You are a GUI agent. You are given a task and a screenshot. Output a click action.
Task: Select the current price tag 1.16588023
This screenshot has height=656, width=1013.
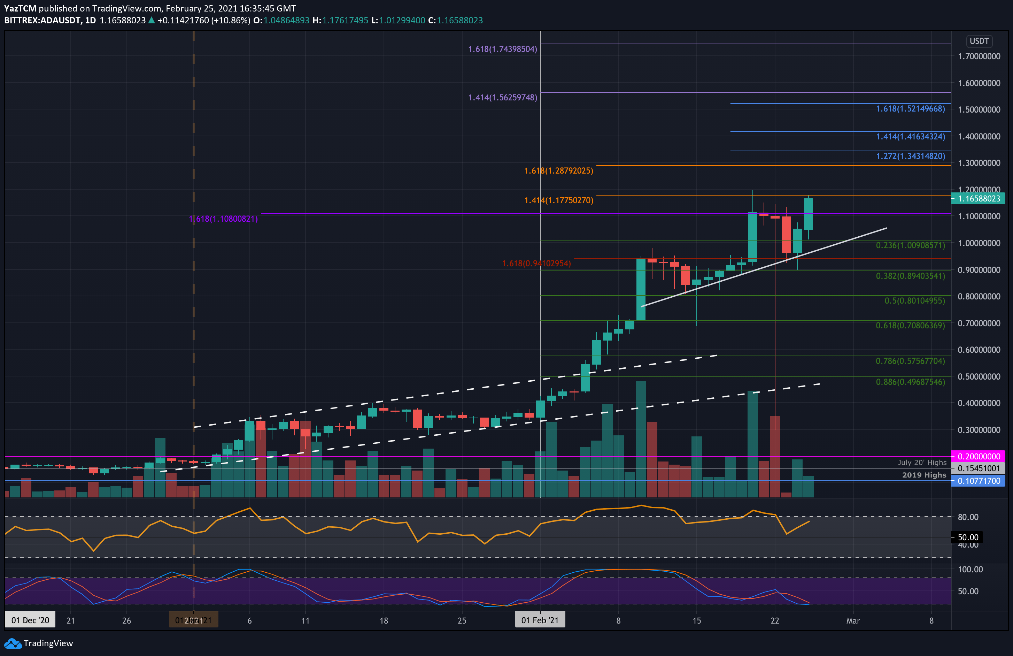[979, 198]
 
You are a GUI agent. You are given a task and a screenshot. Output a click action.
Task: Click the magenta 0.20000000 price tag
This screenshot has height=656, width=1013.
[979, 456]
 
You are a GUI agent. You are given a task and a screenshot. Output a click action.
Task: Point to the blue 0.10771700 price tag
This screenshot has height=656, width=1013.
[979, 481]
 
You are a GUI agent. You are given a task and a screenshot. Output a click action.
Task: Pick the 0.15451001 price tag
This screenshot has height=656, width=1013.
[979, 468]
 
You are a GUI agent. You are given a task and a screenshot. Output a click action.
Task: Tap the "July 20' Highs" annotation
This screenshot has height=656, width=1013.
[922, 463]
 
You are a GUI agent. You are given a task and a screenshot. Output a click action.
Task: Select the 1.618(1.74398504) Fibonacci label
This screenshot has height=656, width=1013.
[502, 49]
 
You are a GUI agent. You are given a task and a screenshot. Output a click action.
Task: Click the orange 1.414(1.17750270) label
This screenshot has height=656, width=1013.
[558, 200]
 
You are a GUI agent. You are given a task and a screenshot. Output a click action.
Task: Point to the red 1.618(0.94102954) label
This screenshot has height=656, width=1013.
[536, 263]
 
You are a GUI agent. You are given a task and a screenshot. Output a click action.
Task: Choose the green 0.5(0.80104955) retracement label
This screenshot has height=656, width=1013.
[914, 301]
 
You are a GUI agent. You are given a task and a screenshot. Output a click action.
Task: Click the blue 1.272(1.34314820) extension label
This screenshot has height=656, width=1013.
[910, 156]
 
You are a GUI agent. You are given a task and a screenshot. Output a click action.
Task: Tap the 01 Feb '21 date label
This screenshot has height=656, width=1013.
[540, 620]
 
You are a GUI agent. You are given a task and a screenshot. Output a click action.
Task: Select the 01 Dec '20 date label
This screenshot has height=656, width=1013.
[30, 620]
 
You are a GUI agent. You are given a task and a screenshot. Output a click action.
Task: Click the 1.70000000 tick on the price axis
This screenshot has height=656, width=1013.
[979, 56]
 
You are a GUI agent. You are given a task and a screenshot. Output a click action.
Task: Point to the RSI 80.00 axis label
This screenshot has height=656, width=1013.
[968, 517]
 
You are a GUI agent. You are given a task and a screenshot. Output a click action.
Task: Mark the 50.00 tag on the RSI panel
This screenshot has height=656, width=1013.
[968, 537]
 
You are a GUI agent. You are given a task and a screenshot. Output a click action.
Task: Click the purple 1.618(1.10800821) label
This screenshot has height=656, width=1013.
[223, 219]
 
